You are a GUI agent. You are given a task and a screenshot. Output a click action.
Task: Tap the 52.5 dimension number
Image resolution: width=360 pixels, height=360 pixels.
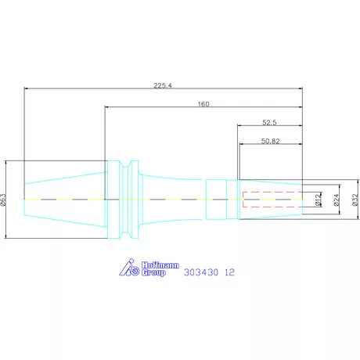(x=271, y=122)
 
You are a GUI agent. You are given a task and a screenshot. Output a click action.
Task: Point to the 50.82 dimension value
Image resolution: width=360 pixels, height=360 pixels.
(x=271, y=142)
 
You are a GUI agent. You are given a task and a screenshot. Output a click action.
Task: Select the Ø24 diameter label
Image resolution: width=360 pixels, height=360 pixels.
(x=337, y=200)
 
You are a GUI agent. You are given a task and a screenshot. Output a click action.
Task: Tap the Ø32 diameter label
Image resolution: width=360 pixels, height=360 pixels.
(x=355, y=200)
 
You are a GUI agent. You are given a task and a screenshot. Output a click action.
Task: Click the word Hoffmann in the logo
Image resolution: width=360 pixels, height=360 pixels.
(x=153, y=264)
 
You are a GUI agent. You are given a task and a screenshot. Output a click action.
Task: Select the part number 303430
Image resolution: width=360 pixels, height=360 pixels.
(x=200, y=273)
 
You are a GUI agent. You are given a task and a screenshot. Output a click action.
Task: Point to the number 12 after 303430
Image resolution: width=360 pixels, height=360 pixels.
(x=229, y=273)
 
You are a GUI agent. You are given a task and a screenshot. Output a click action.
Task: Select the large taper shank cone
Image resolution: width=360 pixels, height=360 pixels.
(x=67, y=200)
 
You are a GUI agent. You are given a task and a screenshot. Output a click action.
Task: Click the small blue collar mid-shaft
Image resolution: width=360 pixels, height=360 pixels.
(x=216, y=200)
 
